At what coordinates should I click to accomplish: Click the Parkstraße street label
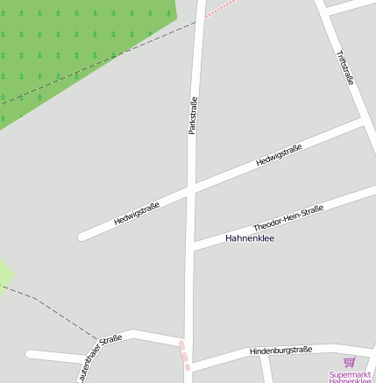point(193,115)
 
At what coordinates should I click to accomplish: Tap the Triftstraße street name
point(345,67)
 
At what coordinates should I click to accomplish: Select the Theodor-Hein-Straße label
point(288,217)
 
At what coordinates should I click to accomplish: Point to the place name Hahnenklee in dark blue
point(250,238)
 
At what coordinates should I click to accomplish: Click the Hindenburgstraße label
point(280,351)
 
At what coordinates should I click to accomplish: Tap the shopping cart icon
point(350,362)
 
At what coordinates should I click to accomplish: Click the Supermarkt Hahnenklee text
point(351,377)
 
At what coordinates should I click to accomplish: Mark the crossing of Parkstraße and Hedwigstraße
point(192,188)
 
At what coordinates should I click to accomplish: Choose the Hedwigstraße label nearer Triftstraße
point(279,156)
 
